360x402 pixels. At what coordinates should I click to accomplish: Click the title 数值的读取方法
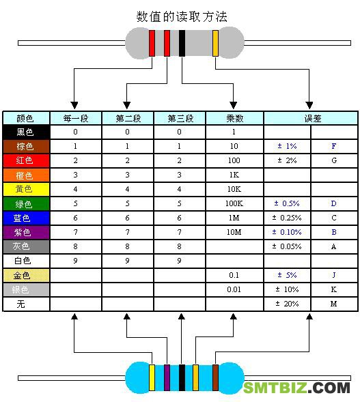coord(182,17)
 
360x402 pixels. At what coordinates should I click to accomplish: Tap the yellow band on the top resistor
coord(216,43)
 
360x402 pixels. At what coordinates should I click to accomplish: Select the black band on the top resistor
coord(182,43)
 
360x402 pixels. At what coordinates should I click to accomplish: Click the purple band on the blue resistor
coord(167,377)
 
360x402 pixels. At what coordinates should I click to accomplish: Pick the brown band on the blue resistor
coord(216,377)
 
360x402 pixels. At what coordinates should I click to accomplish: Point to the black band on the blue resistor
coord(182,377)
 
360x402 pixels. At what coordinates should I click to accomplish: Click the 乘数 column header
coord(234,119)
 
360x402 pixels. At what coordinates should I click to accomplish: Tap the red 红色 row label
coord(26,160)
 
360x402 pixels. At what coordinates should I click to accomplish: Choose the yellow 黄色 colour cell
coord(26,189)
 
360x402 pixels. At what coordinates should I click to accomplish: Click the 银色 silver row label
coord(26,289)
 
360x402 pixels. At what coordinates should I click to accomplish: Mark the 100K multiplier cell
coord(234,203)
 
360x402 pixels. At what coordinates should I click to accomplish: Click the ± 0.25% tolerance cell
coord(287,218)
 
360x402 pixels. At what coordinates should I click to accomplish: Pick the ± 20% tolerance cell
coord(287,304)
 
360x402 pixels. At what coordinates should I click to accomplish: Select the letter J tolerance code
coord(334,275)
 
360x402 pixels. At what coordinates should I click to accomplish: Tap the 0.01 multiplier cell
coord(234,289)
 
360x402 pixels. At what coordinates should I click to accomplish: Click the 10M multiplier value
coord(234,232)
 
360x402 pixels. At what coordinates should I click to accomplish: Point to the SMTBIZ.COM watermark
coord(296,388)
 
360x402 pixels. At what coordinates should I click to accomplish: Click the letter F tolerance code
coord(334,146)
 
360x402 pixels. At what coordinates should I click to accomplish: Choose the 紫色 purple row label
coord(26,232)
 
